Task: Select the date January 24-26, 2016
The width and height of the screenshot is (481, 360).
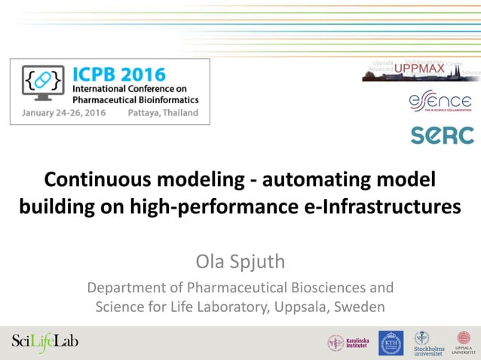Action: point(59,113)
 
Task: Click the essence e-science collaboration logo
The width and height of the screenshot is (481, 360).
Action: point(441,102)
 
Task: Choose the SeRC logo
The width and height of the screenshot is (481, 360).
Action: point(442,136)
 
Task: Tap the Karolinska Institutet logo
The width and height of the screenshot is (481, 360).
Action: point(348,343)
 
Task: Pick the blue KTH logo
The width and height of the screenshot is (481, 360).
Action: point(391,343)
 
